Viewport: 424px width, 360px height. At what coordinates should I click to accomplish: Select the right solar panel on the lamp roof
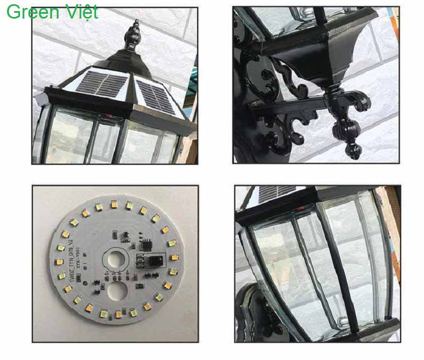[155, 95]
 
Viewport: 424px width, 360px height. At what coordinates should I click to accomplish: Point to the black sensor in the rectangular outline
[152, 261]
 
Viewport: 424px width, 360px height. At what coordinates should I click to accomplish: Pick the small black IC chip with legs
[145, 242]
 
